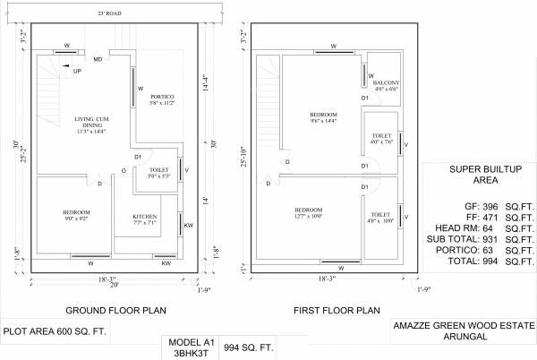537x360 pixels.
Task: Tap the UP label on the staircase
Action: click(x=78, y=71)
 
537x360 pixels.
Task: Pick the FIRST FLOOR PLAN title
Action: click(x=329, y=310)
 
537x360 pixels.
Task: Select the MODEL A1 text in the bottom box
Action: click(x=190, y=341)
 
